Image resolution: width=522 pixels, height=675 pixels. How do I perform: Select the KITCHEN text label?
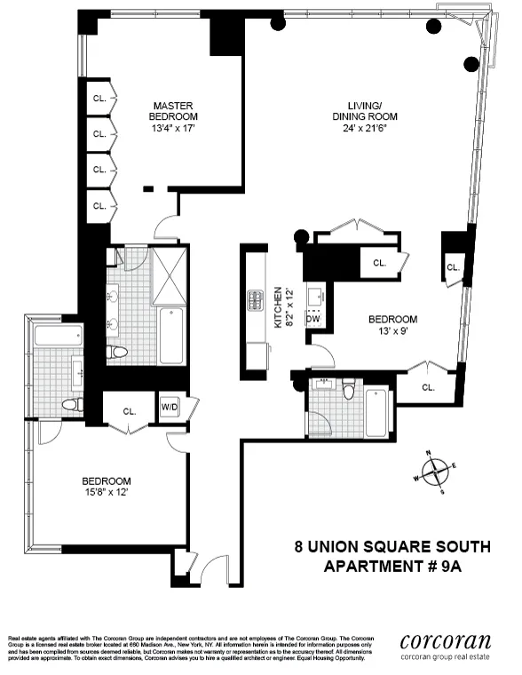278,307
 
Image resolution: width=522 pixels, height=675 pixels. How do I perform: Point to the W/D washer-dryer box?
169,409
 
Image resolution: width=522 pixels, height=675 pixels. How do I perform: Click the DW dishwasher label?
312,318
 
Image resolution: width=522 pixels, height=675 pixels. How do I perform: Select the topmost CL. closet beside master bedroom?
99,99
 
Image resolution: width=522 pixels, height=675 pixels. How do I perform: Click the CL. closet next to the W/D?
129,412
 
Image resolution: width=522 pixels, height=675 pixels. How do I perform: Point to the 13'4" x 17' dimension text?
173,128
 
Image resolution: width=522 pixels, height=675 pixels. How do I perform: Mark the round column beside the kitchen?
301,237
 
